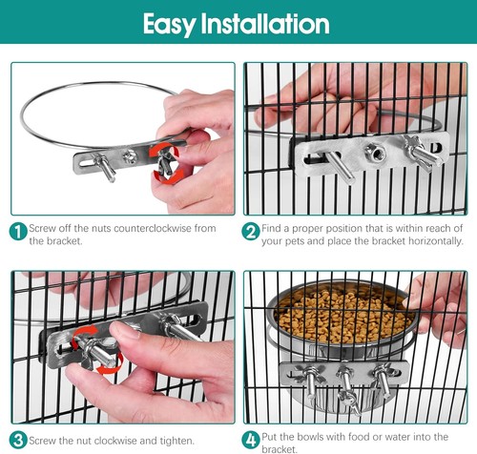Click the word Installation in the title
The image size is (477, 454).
pyautogui.click(x=265, y=24)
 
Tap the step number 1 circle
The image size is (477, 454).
pyautogui.click(x=18, y=231)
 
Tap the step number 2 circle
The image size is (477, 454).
pyautogui.click(x=251, y=231)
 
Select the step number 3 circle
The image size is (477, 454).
pyautogui.click(x=18, y=441)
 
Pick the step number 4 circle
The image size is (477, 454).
pyautogui.click(x=251, y=441)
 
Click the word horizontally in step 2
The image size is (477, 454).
pyautogui.click(x=435, y=241)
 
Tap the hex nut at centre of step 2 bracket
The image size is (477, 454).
pyautogui.click(x=375, y=152)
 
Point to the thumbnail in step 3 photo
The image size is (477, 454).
pyautogui.click(x=122, y=330)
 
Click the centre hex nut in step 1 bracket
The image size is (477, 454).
pyautogui.click(x=130, y=156)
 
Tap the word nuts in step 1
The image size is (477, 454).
pyautogui.click(x=101, y=228)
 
